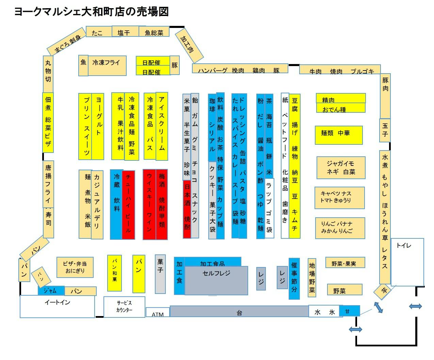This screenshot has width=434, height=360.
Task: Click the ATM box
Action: (x=158, y=313)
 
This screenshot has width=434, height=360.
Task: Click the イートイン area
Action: (x=57, y=306)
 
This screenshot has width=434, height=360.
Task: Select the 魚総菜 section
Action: (x=154, y=32)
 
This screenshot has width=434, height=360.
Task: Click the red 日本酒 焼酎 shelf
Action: (x=187, y=209)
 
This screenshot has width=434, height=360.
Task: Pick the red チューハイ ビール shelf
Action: (x=128, y=205)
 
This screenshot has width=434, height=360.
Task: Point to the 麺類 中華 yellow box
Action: (x=338, y=135)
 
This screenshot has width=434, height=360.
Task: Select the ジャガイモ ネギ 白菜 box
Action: (x=341, y=168)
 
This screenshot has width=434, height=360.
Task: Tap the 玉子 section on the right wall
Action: (x=385, y=130)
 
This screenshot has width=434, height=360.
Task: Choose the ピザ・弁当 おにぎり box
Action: (x=75, y=267)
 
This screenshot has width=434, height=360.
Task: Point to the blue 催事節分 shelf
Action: (x=294, y=279)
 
